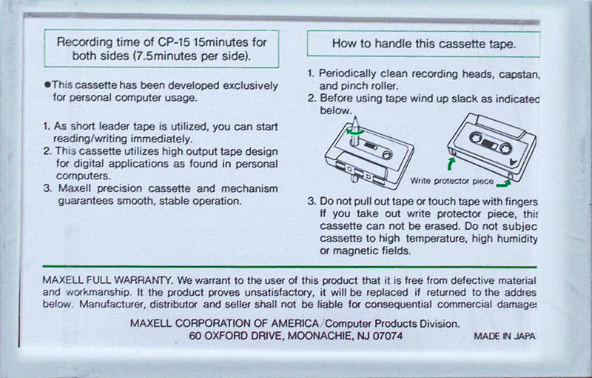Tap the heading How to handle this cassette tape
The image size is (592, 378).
tap(423, 44)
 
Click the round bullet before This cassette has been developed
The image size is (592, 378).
tap(46, 86)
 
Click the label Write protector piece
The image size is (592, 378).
tap(451, 180)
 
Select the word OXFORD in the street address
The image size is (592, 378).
tap(230, 336)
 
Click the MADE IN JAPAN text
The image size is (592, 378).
tap(504, 336)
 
